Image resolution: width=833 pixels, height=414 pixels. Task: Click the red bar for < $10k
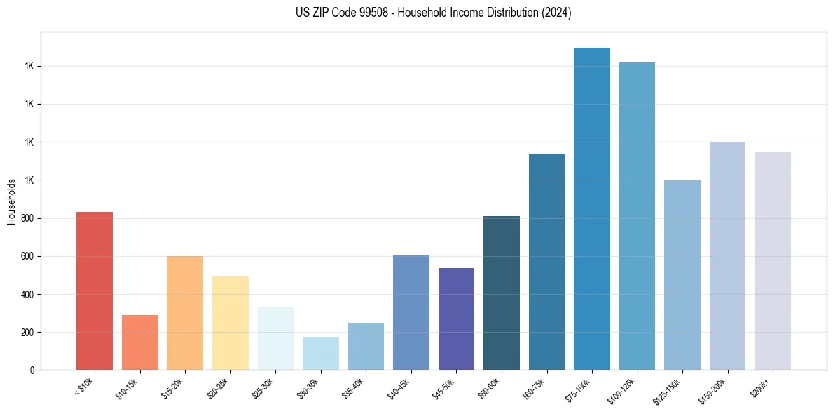pos(95,291)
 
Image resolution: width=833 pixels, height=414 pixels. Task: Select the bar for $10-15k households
pos(139,342)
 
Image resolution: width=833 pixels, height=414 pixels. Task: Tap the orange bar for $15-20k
pos(185,313)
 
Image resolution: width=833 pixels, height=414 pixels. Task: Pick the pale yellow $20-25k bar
pos(230,323)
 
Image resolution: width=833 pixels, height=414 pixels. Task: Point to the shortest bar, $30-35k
pos(320,353)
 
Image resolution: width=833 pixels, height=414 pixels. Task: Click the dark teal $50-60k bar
pos(501,293)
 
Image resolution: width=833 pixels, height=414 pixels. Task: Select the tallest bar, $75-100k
pos(591,208)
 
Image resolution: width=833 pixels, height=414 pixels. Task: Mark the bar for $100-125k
pos(637,216)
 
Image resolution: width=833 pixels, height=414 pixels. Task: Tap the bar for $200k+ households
pos(772,260)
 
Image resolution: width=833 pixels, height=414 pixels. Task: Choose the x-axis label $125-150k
pos(669,390)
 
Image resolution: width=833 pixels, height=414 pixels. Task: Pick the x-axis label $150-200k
pos(715,390)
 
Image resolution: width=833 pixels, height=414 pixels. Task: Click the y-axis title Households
pos(11,201)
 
